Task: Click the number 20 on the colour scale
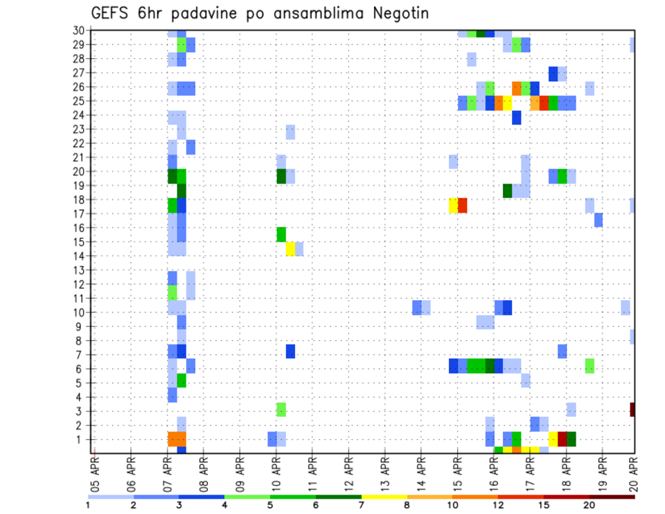point(589,505)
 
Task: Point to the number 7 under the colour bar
point(362,505)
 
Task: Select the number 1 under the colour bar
point(88,505)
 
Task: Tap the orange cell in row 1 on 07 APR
point(177,439)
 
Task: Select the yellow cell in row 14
point(290,249)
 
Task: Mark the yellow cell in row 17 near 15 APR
point(453,206)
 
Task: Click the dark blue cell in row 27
point(553,73)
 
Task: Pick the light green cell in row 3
point(281,409)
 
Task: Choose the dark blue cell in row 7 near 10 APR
point(290,351)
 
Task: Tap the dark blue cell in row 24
point(517,118)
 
